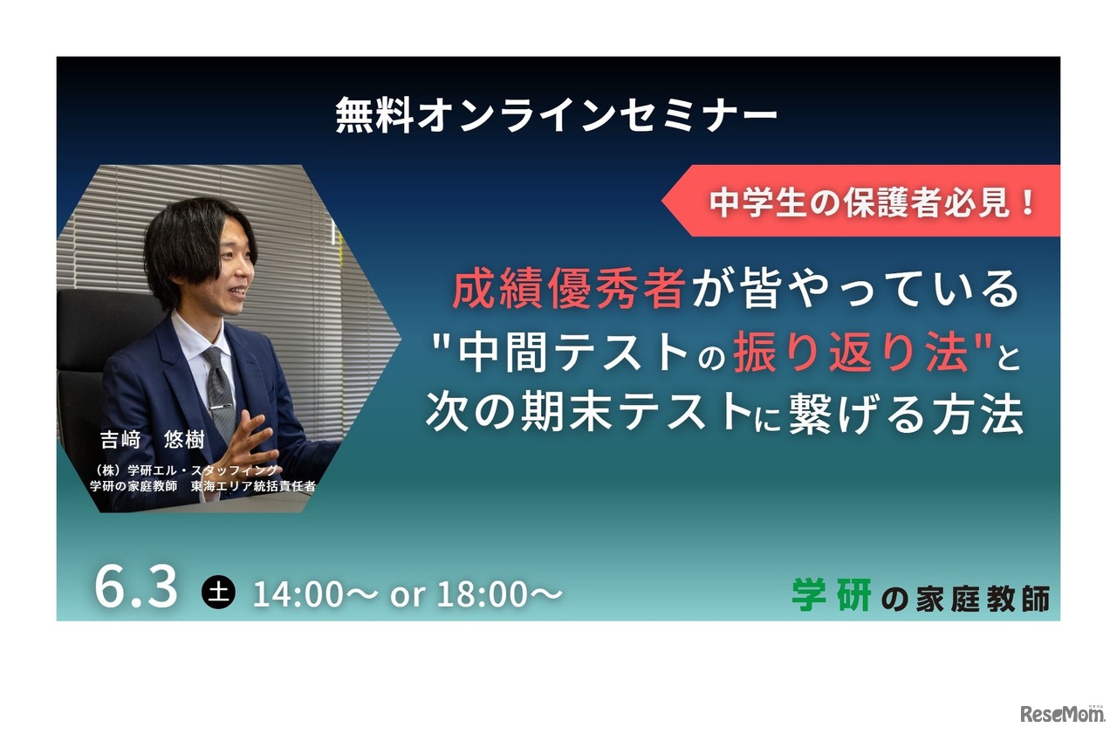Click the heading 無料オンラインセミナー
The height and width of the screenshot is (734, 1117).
(x=557, y=116)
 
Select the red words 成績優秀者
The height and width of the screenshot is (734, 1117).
(x=567, y=290)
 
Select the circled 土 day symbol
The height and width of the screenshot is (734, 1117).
(x=218, y=593)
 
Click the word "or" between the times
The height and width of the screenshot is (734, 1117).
(x=408, y=595)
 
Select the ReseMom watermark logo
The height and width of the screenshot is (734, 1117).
(x=1062, y=713)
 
